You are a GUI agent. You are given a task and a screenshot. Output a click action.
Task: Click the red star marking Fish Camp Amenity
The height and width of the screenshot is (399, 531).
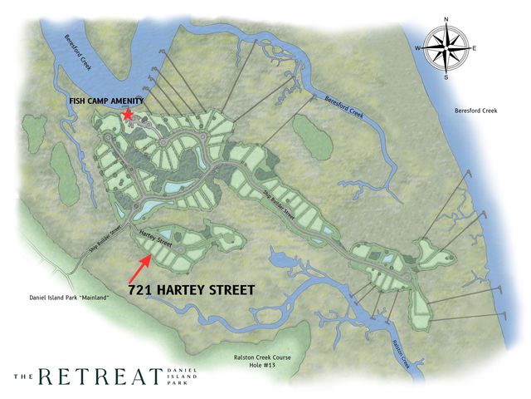click(128, 114)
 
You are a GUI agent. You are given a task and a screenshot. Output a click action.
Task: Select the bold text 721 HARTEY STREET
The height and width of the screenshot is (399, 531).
click(192, 290)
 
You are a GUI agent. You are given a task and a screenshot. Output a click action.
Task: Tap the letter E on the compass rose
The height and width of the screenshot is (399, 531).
click(475, 49)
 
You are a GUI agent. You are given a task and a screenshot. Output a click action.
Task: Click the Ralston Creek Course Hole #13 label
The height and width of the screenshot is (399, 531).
click(265, 361)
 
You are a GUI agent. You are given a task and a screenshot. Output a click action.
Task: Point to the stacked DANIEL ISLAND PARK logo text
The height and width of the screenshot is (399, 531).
click(184, 377)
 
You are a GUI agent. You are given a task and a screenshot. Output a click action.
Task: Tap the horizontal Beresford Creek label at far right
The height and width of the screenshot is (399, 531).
click(475, 111)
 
